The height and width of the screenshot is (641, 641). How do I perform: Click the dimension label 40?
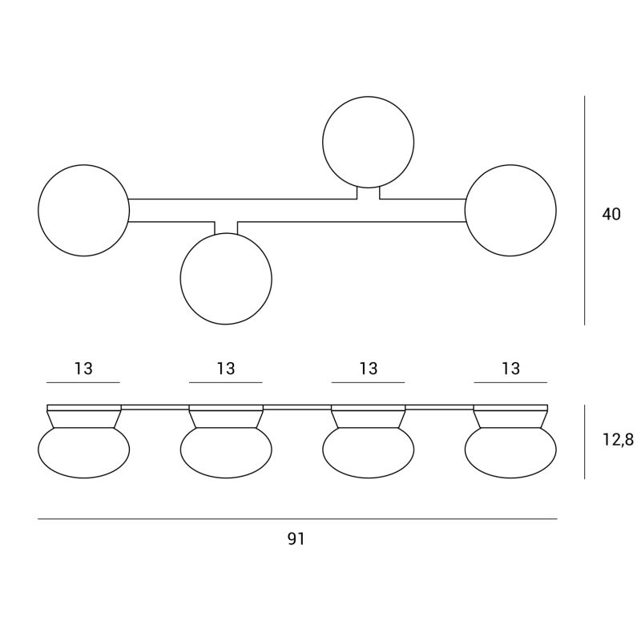tap(611, 214)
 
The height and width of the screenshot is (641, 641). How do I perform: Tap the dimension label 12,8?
tap(618, 439)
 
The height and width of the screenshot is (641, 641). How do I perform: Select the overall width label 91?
tap(296, 538)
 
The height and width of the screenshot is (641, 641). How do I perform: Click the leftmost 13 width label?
tap(83, 369)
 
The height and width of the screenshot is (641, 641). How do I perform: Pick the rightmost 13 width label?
tap(510, 369)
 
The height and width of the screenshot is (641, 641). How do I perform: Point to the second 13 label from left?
tap(226, 369)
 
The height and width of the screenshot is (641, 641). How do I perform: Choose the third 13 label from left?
tap(369, 369)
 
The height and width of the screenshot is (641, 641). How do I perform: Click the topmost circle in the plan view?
tap(368, 97)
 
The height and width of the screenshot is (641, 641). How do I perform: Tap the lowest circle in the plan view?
tap(226, 325)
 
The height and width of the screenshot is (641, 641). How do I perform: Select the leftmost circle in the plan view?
tap(38, 211)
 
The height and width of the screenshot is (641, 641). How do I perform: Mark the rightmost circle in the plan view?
tap(556, 211)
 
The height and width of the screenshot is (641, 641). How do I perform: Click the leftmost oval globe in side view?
tap(84, 478)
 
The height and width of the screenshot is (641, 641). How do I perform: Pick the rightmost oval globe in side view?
tap(510, 478)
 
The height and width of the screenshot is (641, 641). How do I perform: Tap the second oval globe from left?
tap(226, 478)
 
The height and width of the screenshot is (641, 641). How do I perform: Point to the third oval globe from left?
tap(369, 478)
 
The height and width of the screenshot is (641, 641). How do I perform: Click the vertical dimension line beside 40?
tap(585, 211)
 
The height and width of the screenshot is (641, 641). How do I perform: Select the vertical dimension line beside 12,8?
tap(585, 442)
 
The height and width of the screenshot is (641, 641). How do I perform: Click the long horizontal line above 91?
tap(297, 519)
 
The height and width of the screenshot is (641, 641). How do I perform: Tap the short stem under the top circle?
tap(369, 193)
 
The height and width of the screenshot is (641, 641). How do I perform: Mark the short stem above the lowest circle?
tap(226, 228)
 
